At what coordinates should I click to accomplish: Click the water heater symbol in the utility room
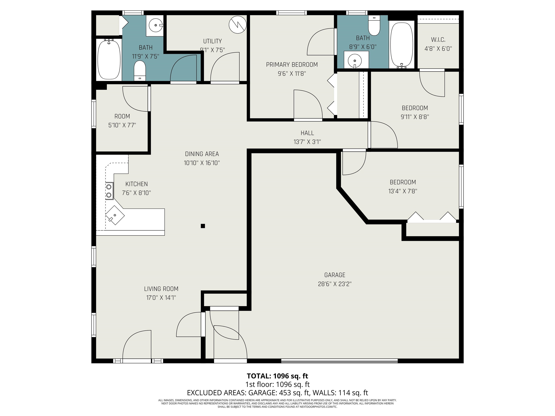coord(237,25)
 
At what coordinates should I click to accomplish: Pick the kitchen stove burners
coord(109,191)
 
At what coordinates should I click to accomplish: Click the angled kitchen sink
coord(115,215)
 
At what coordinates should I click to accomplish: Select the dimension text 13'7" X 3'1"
coord(307,142)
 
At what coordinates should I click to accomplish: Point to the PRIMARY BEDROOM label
coord(292,65)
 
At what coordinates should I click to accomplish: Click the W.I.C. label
coord(438,40)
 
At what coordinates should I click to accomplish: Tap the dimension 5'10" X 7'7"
coord(122,125)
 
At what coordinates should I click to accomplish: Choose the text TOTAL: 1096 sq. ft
coord(277,376)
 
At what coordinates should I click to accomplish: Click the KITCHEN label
coord(137,184)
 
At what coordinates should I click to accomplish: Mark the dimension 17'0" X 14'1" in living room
coord(161,298)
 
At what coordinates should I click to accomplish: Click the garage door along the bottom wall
coord(339,361)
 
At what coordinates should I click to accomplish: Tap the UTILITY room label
coord(212,41)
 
